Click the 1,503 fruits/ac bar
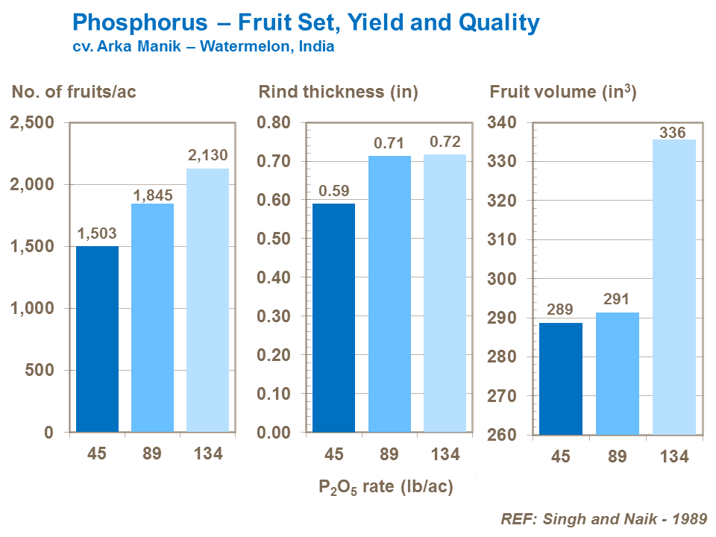(97, 339)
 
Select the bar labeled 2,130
(207, 300)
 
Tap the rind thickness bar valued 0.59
(333, 318)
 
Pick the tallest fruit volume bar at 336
(675, 287)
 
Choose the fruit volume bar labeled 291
(617, 373)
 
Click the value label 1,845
(153, 195)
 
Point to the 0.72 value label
(445, 142)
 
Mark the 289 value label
(560, 309)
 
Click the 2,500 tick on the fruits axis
(32, 122)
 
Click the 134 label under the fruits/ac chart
(207, 453)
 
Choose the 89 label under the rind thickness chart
(389, 453)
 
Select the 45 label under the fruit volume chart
(560, 456)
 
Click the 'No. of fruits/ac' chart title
(73, 92)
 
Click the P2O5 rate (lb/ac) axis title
(386, 488)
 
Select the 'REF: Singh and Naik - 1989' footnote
(603, 519)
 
